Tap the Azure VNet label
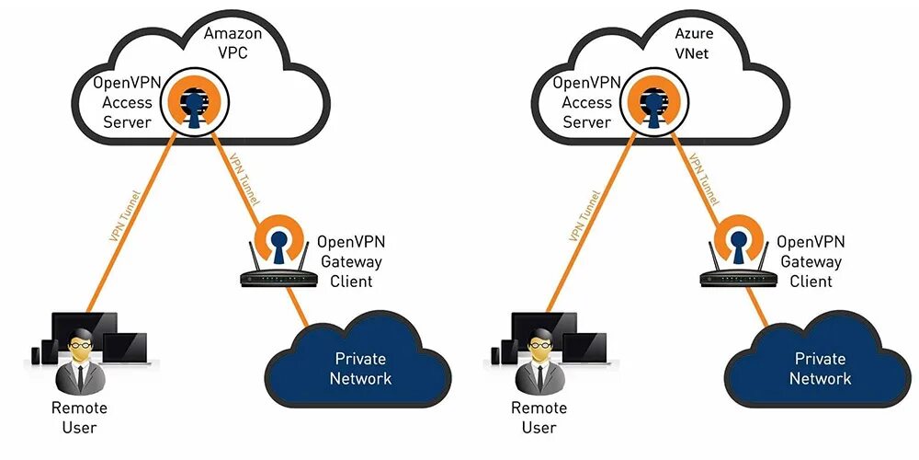[692, 43]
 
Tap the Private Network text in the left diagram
[360, 368]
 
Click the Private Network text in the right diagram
[820, 368]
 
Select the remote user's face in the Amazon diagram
[80, 345]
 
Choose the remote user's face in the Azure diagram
[539, 345]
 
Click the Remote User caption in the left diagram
[80, 417]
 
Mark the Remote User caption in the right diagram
[539, 417]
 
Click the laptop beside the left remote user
[125, 349]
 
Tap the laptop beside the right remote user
[584, 349]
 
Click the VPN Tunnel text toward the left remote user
[125, 215]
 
